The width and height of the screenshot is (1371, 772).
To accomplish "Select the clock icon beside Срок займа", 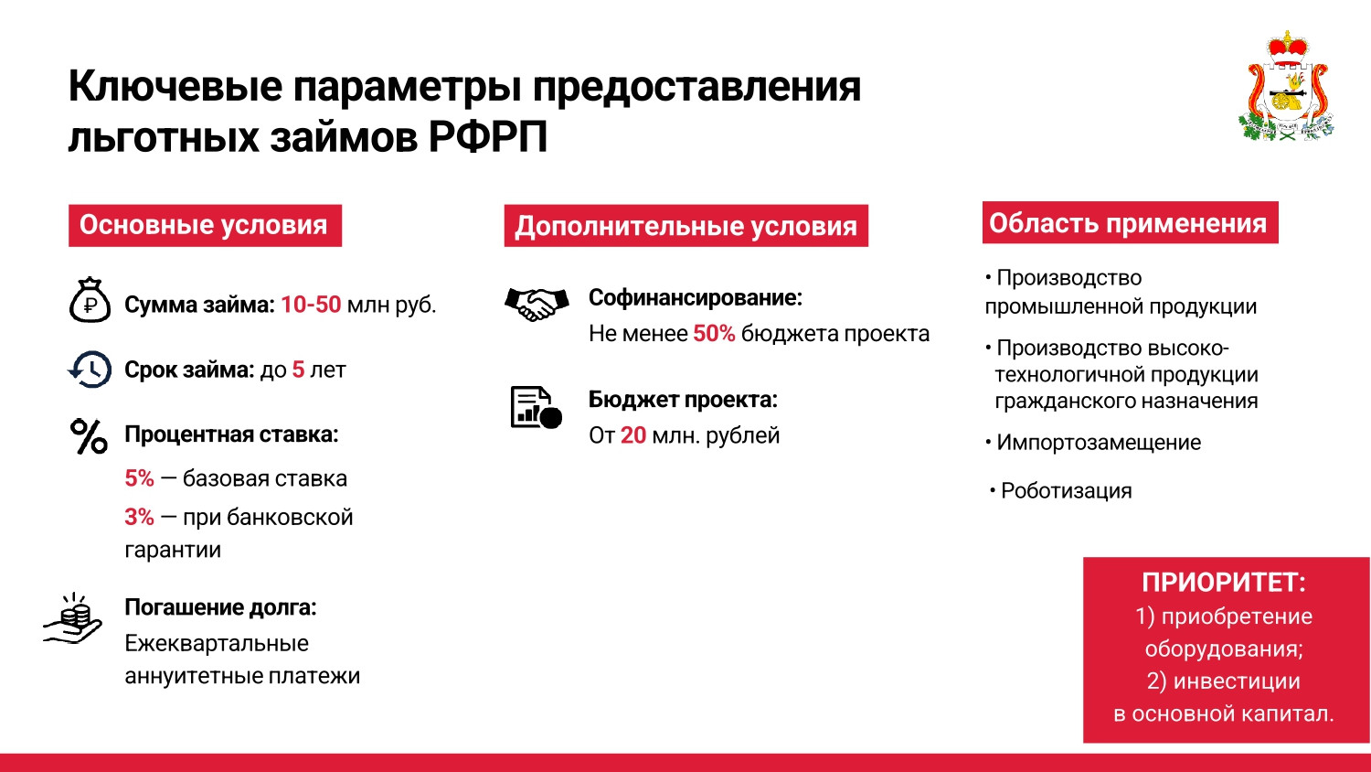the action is tap(90, 370).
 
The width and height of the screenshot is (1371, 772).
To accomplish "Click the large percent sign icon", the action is tap(89, 436).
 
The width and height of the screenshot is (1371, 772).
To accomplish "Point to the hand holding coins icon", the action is tap(73, 619).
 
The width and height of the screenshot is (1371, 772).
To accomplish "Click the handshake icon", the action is tap(537, 304).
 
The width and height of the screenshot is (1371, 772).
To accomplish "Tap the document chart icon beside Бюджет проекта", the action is tap(537, 407).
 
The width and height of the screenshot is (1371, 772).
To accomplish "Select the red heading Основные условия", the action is tap(205, 226).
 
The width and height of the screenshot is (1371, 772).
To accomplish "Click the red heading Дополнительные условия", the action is tap(686, 226).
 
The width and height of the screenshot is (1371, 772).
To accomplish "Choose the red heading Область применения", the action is tap(1130, 223).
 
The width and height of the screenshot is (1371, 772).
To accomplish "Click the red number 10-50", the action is tap(311, 305).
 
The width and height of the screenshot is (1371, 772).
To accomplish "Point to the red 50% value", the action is tap(714, 334).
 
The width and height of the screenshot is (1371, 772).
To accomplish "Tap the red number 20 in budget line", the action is tap(632, 435).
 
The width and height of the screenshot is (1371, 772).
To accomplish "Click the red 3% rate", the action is tap(140, 517).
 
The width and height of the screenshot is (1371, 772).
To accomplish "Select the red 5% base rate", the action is tap(140, 478).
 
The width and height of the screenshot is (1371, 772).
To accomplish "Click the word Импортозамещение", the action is tap(1099, 443).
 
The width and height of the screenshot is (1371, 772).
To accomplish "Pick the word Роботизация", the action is tap(1067, 491).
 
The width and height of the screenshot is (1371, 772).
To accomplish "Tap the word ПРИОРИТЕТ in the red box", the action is tap(1224, 582).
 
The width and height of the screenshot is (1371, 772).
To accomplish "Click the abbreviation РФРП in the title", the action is tap(487, 136).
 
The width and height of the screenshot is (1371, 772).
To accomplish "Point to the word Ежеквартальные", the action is tap(217, 644).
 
